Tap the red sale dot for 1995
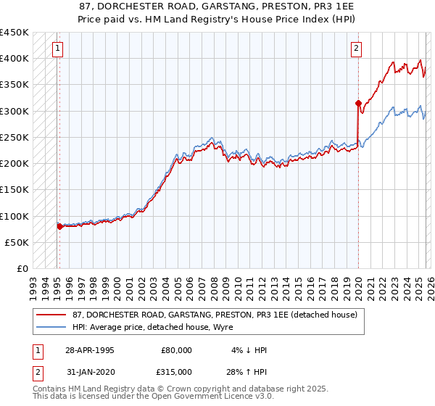click(x=59, y=226)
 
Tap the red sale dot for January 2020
click(x=358, y=103)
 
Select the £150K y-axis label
click(x=14, y=190)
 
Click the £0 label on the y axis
click(x=22, y=269)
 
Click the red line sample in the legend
click(x=51, y=315)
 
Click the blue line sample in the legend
click(x=51, y=328)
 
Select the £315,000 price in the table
click(x=177, y=372)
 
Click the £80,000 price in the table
click(x=177, y=350)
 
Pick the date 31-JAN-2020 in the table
click(x=89, y=372)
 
